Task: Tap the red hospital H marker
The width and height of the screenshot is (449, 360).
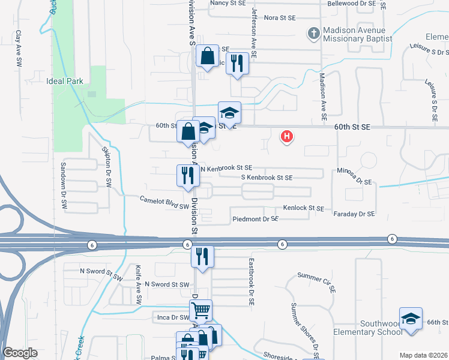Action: click(288, 136)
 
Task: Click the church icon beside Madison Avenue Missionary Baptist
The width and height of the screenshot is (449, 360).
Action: click(313, 34)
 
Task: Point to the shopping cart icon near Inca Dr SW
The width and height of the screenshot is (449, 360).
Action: click(200, 310)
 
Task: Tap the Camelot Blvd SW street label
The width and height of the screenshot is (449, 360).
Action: click(165, 202)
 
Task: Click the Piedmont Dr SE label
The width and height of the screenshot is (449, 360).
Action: click(255, 220)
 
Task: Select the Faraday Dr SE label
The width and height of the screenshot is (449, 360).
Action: click(354, 214)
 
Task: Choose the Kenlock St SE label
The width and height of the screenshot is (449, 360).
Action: click(303, 208)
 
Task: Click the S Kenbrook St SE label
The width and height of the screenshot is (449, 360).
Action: click(267, 178)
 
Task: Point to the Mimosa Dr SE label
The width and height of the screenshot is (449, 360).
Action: click(354, 176)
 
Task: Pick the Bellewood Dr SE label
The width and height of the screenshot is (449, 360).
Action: click(351, 4)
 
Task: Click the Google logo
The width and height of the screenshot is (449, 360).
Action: click(20, 352)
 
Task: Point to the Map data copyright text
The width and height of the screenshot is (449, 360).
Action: click(423, 355)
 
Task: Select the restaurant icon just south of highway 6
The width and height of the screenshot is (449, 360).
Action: click(202, 256)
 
